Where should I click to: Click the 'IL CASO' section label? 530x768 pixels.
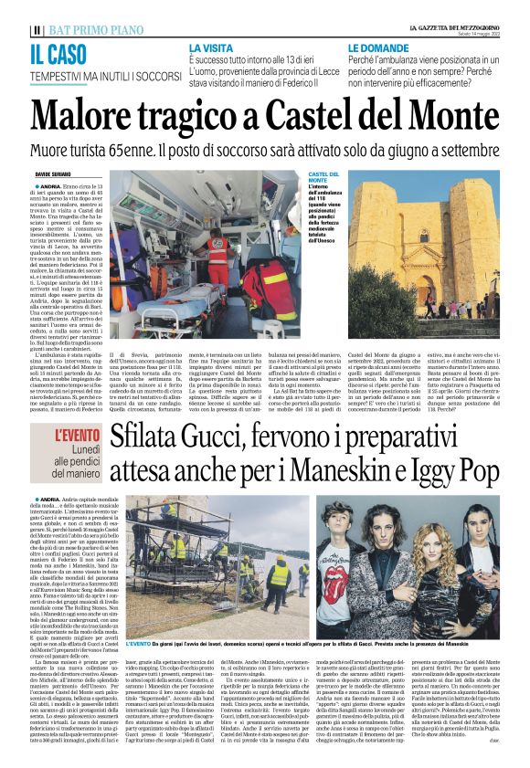pyautogui.click(x=64, y=53)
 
